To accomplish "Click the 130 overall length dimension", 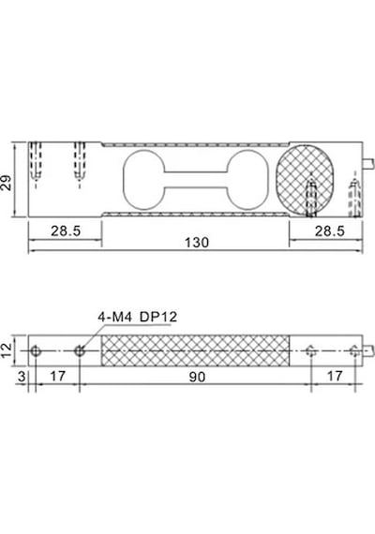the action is pos(197,243).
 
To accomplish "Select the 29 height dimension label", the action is pos(7,182).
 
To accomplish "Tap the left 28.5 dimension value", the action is pos(66,230).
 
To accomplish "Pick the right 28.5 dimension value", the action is pos(330,230).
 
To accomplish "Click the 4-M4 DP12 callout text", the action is pos(138,317).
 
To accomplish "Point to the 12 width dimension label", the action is pos(7,350).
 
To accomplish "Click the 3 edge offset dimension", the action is pos(22,377).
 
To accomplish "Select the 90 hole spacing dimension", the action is pos(197,377).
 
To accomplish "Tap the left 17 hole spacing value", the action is pos(57,377).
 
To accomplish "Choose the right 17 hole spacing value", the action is pos(335,376).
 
